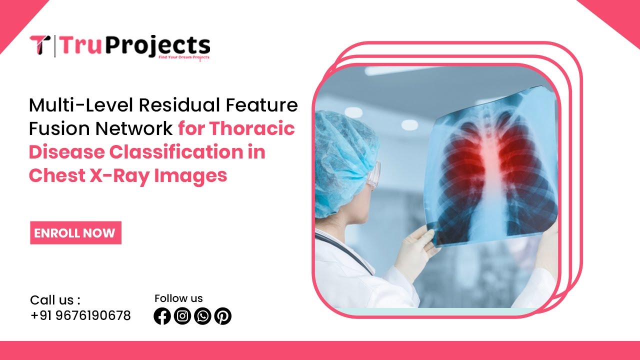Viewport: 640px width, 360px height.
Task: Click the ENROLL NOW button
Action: tap(75, 233)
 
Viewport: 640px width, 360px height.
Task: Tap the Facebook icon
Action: tap(162, 316)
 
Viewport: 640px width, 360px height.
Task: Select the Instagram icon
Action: tap(182, 316)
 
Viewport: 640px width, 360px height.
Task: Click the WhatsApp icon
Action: tap(202, 316)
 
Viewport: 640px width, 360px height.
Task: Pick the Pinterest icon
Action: tap(222, 316)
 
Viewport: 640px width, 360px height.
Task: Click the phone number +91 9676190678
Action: tap(80, 315)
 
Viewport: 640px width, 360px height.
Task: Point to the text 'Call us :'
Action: tap(55, 300)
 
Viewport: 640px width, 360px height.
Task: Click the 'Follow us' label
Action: tap(178, 298)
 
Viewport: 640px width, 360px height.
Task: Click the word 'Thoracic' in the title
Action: tap(252, 128)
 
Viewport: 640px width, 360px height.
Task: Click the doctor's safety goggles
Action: tap(373, 175)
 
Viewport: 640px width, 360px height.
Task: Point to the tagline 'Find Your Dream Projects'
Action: tap(183, 57)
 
